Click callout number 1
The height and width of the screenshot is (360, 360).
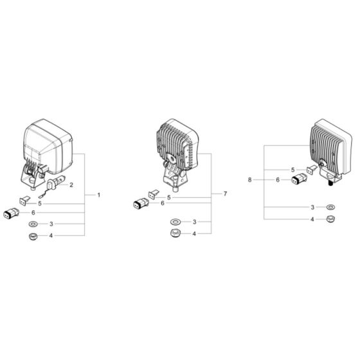pos(99,195)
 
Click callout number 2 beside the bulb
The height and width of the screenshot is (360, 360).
pos(71,185)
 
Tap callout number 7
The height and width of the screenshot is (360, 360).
pos(225,194)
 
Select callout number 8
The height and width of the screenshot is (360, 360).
pos(250,180)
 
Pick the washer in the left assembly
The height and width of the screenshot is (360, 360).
pos(33,224)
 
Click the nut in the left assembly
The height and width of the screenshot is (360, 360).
pos(33,236)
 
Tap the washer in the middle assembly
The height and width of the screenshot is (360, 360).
pos(175,222)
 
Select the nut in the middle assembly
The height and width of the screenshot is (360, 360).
pos(175,233)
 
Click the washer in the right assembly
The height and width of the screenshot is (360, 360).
pos(330,207)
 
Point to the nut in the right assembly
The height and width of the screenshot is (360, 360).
pos(330,219)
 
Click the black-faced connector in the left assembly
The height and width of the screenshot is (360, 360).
pos(12,213)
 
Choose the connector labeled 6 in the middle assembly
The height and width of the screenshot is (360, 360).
pos(141,203)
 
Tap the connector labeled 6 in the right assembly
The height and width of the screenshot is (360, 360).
pos(299,179)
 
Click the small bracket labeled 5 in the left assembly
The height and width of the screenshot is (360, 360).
pos(24,201)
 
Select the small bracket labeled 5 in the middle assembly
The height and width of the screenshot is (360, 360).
pos(154,195)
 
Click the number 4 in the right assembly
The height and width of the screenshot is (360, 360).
pos(312,219)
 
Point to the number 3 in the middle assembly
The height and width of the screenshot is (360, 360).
pos(194,222)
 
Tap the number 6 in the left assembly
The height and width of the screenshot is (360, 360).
pos(33,213)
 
